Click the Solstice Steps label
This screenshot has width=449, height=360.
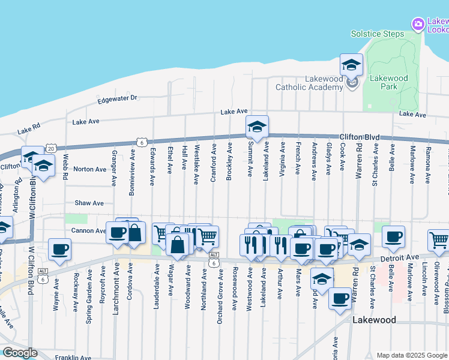(x=377, y=34)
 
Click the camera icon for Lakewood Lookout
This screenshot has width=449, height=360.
(x=418, y=24)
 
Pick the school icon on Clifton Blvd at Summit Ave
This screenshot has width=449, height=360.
(x=257, y=126)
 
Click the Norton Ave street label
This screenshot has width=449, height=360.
(x=89, y=169)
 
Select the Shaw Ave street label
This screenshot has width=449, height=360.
(x=89, y=203)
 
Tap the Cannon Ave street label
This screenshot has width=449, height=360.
(x=89, y=231)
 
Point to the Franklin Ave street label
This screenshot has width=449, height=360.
(x=73, y=358)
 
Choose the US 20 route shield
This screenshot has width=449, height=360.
(x=50, y=148)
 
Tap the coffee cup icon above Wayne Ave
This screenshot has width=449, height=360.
(x=59, y=248)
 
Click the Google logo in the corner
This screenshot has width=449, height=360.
(x=19, y=353)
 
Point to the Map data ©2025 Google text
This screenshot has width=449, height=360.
(x=411, y=355)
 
